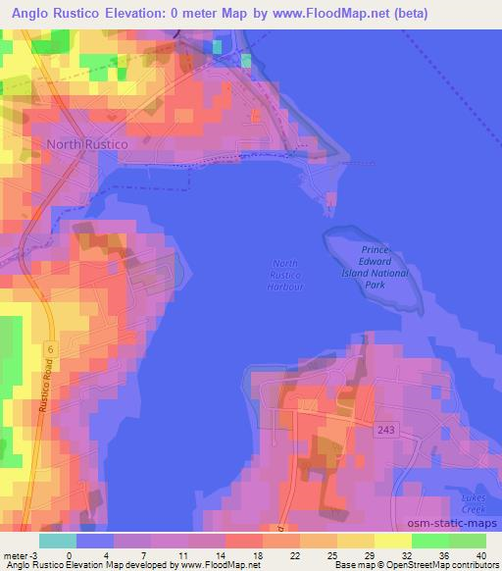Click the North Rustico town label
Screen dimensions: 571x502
tap(86, 144)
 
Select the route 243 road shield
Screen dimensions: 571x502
tap(385, 429)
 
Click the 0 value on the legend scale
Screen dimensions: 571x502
tap(69, 554)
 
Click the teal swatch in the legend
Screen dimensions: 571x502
tap(58, 541)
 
